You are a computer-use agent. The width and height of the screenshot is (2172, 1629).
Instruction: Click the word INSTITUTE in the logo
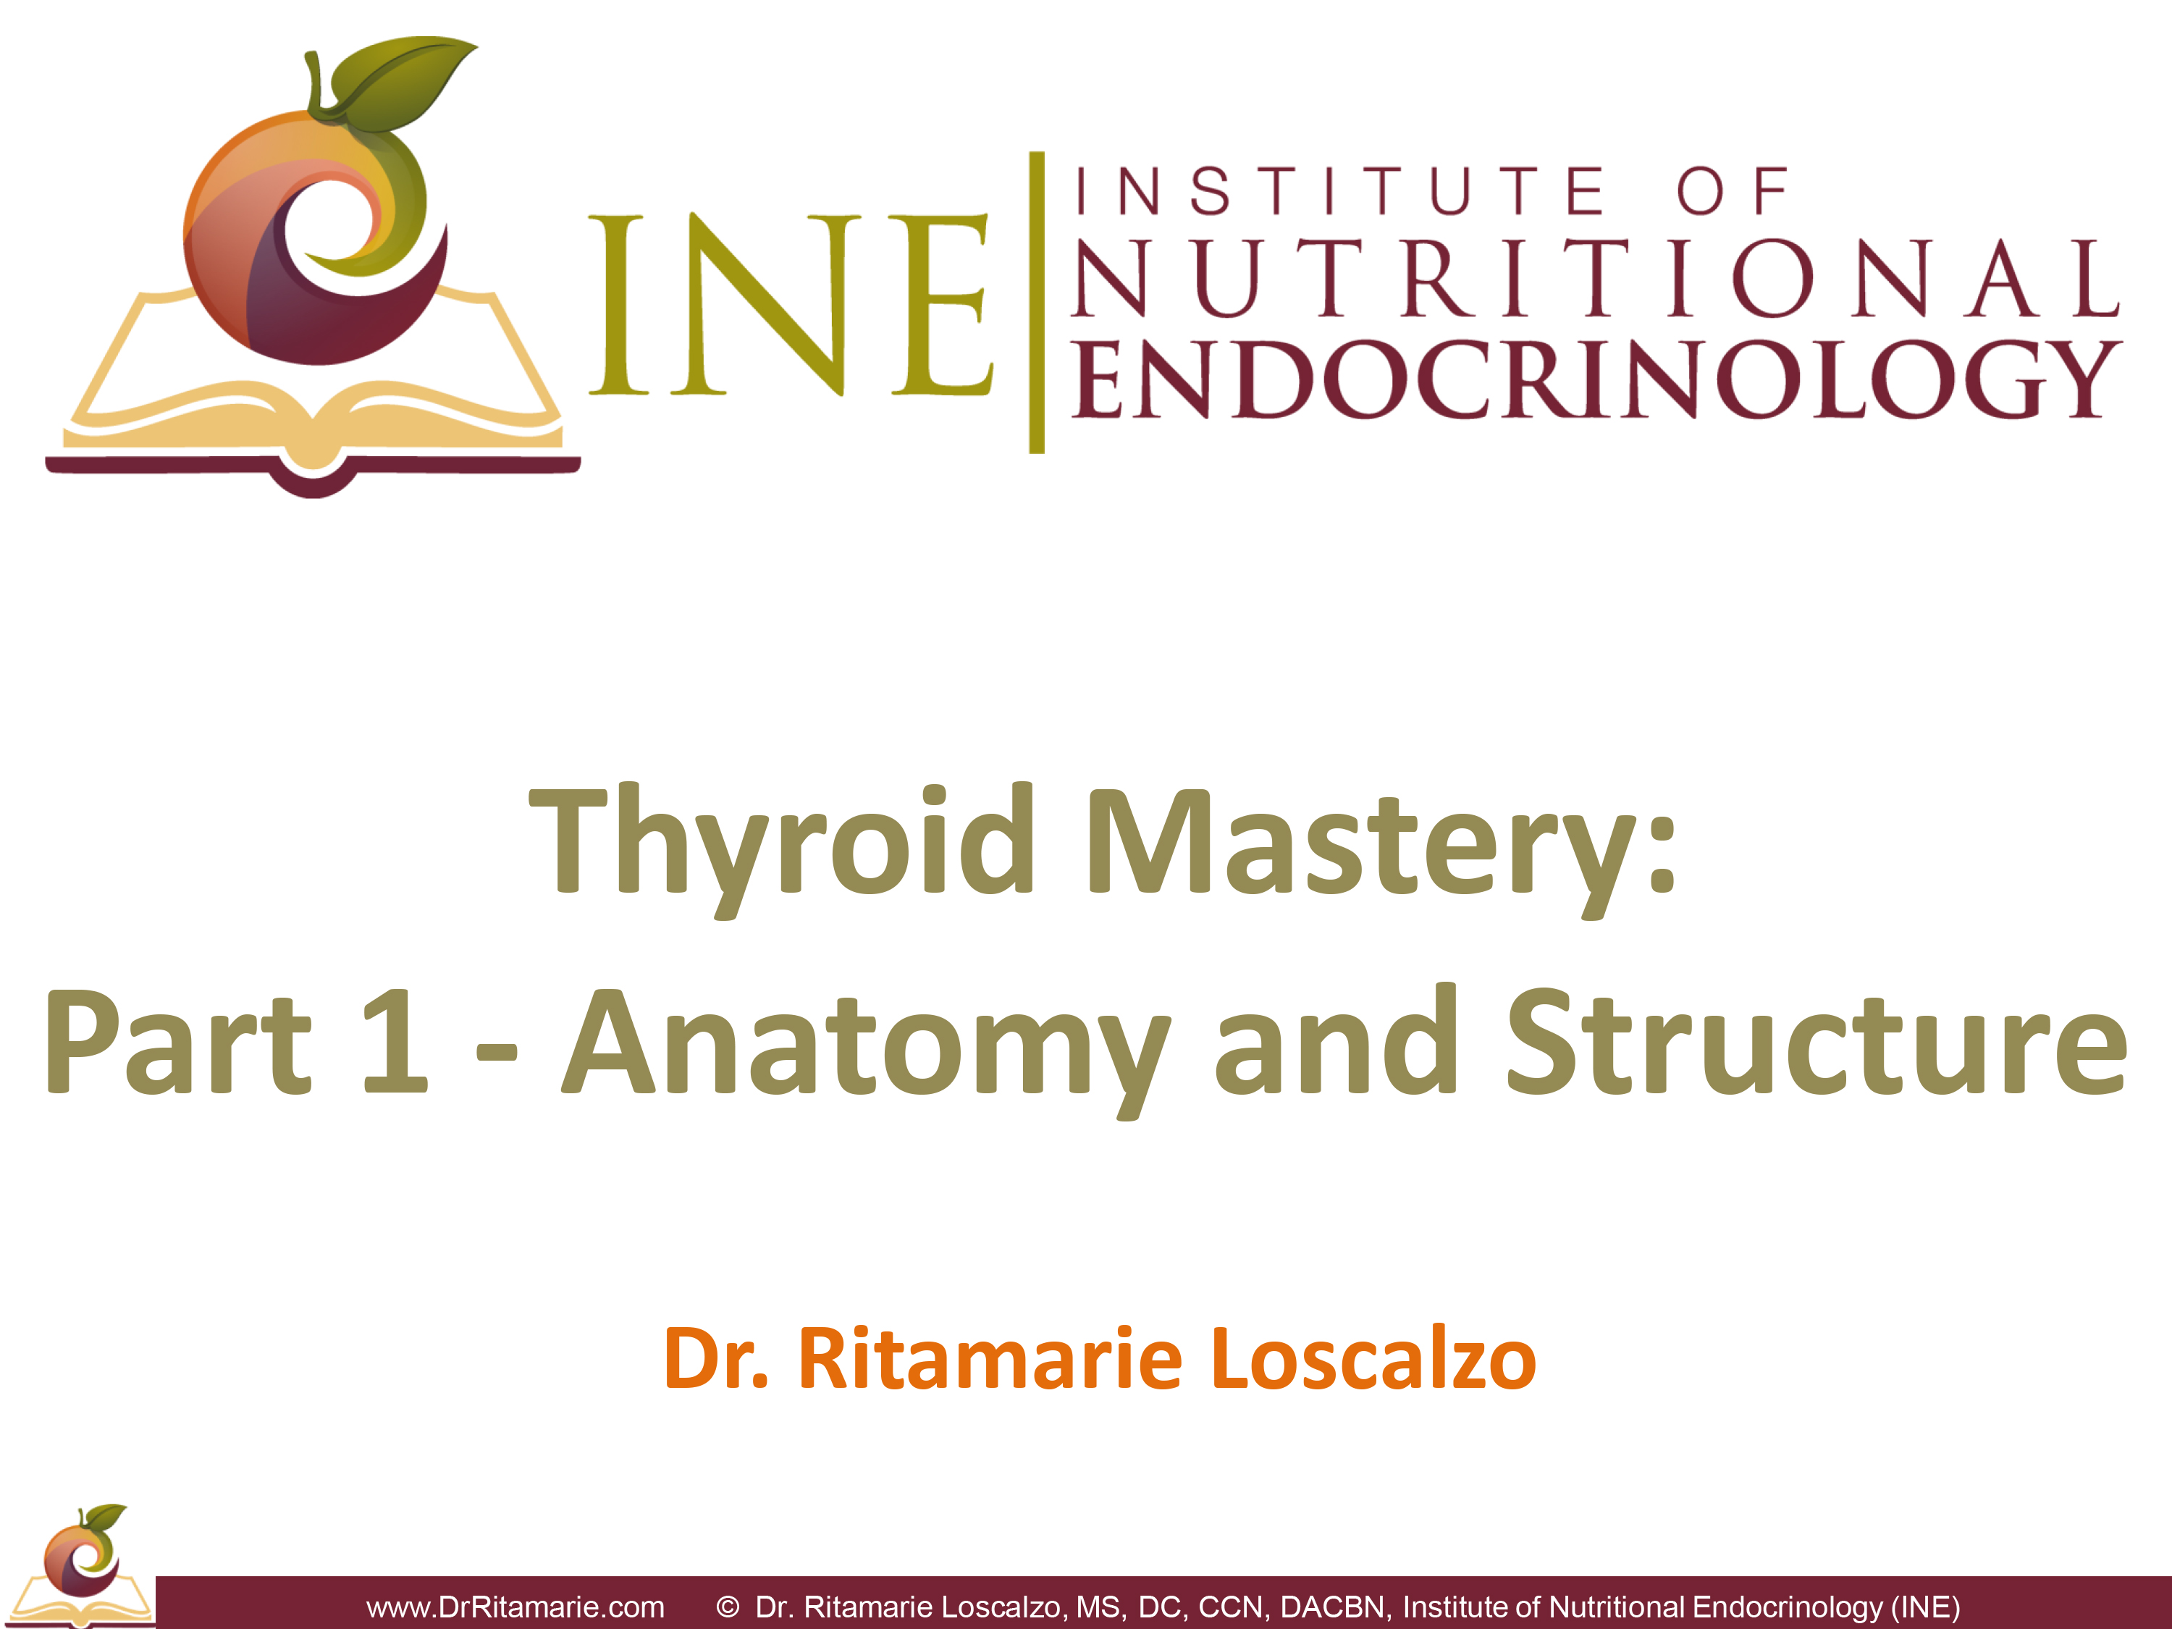1340,190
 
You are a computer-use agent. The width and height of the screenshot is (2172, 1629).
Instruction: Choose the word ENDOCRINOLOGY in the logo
1596,379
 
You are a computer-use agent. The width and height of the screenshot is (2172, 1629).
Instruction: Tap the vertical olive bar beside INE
1036,303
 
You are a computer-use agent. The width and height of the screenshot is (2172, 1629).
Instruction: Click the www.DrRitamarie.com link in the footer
515,1607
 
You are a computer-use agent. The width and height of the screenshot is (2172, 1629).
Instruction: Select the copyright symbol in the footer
728,1607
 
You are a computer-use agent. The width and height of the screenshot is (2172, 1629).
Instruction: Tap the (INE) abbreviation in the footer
1924,1607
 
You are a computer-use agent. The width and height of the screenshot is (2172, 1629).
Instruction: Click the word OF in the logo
1733,190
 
